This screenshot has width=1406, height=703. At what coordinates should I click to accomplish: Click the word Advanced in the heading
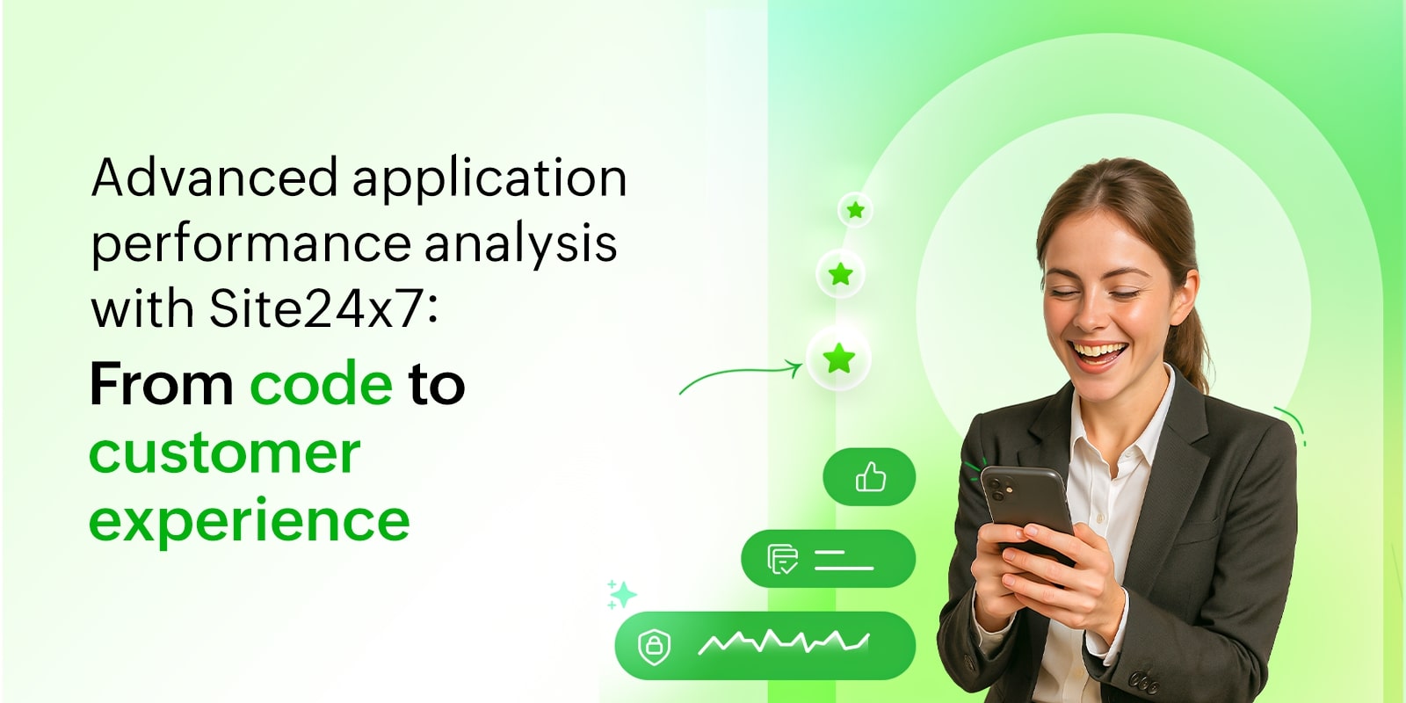click(214, 178)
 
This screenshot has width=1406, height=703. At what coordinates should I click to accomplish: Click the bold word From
click(161, 384)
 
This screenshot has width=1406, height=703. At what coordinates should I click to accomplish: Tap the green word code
click(321, 384)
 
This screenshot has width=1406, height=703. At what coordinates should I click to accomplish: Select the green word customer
click(225, 453)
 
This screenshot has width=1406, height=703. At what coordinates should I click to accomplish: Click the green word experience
click(249, 521)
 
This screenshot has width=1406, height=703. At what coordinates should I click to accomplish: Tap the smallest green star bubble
click(855, 210)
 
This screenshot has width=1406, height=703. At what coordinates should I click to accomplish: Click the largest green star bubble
click(838, 359)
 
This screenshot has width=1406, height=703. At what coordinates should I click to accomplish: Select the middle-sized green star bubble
click(840, 274)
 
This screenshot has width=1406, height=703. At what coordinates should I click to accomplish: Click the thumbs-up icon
click(870, 477)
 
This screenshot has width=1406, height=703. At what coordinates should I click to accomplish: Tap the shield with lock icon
click(654, 647)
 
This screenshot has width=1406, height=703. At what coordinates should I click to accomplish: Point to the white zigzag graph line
click(782, 642)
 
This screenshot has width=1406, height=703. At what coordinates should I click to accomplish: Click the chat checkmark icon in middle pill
click(782, 559)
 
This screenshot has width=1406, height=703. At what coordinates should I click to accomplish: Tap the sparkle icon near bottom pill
click(621, 595)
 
